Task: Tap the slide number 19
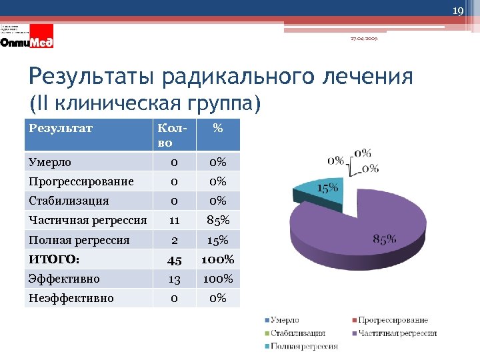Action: click(457, 11)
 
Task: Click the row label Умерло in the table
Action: click(50, 162)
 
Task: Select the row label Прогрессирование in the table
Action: click(81, 181)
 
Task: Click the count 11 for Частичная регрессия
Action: click(173, 219)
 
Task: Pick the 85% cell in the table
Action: click(217, 219)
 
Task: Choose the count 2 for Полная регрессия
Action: click(173, 239)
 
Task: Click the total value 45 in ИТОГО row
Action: click(173, 259)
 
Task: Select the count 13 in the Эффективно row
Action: click(173, 279)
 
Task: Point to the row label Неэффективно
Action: click(71, 298)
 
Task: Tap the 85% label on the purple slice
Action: click(385, 238)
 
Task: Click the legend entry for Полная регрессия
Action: click(303, 346)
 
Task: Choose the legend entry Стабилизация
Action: click(297, 333)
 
